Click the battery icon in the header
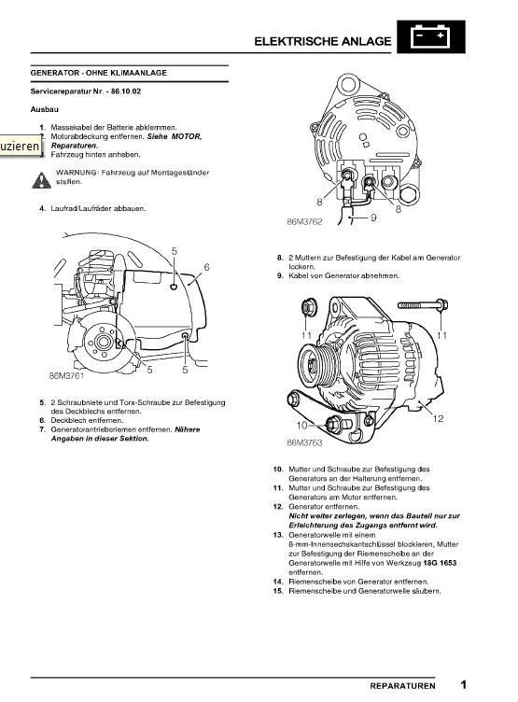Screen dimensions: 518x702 coord(430,36)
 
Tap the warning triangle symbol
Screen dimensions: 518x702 coord(41,180)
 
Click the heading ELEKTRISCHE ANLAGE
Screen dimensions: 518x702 coord(322,41)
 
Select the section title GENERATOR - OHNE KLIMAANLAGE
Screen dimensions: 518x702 coord(99,73)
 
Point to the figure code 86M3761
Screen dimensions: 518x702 coord(66,375)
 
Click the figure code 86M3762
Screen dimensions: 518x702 coord(304,221)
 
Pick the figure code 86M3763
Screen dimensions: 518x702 coord(304,442)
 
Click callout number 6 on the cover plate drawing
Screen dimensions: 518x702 coord(206,267)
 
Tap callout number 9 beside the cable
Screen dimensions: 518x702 coord(373,218)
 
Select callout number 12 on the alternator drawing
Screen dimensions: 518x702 coord(438,418)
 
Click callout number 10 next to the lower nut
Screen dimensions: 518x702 coord(301,425)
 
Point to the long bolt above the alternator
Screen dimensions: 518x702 coord(423,305)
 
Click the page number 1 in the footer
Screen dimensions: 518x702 coord(463,684)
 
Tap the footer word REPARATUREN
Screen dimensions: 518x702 coord(402,686)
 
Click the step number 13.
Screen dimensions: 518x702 coord(278,535)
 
